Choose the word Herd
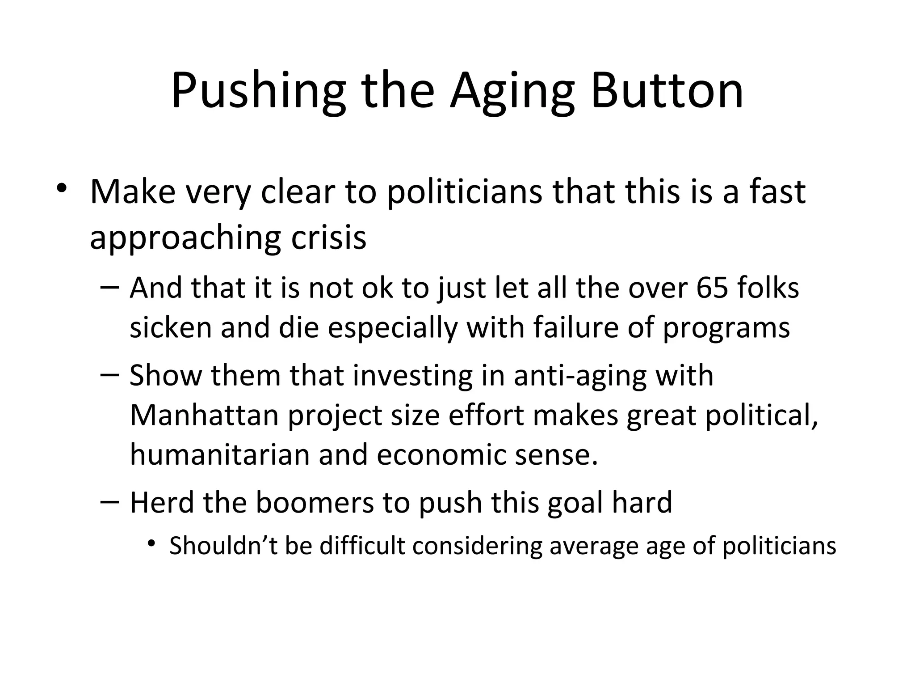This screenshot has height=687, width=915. [x=162, y=502]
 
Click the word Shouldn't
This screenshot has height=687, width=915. [x=223, y=546]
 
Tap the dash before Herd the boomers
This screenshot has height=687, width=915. [x=110, y=501]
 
